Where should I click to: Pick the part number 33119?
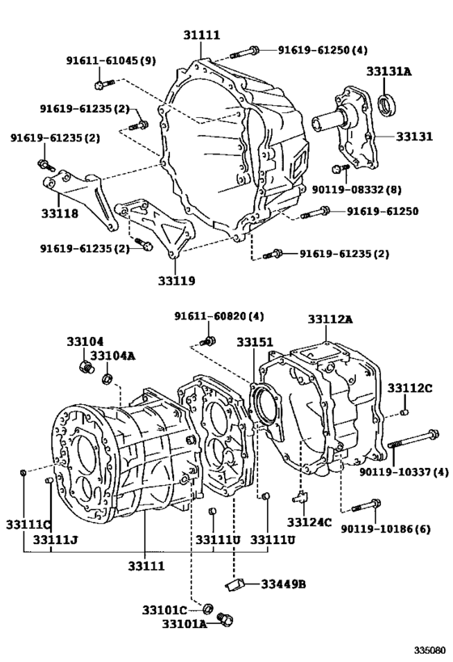[x=176, y=281]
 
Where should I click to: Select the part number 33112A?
[x=330, y=319]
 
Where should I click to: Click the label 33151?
[x=255, y=342]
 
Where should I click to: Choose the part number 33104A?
[x=112, y=356]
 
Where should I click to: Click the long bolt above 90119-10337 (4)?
[x=413, y=442]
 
